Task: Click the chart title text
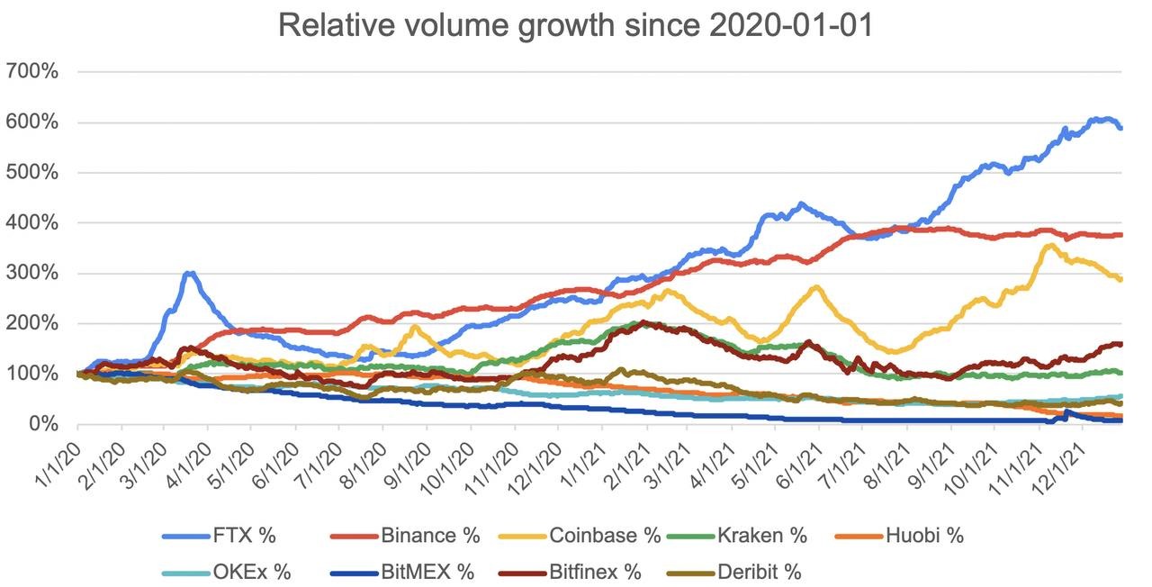[576, 24]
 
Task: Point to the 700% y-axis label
[32, 71]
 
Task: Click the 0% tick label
[44, 423]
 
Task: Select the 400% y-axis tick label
[32, 222]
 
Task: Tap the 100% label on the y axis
[32, 373]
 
